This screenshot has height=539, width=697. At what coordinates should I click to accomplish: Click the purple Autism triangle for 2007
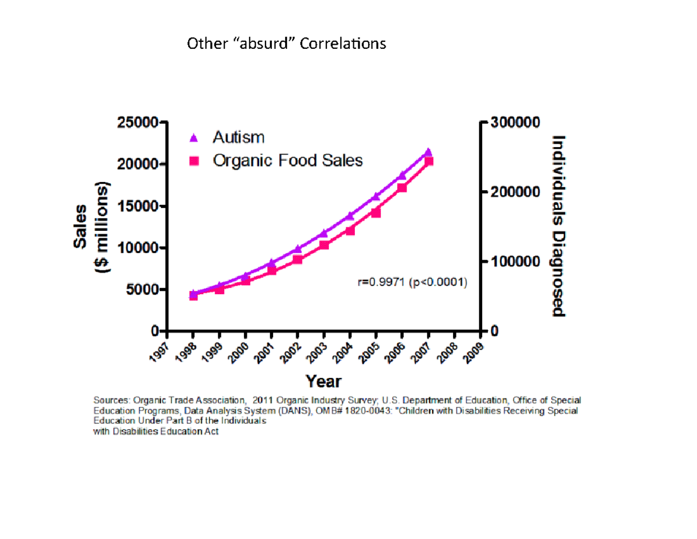click(x=428, y=152)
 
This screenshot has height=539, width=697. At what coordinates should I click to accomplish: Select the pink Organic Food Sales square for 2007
click(x=428, y=162)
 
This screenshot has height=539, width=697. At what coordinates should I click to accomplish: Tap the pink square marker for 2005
click(x=376, y=213)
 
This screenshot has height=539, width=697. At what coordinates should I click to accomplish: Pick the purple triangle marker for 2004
click(x=350, y=216)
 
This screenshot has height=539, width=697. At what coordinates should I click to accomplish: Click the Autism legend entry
click(x=238, y=138)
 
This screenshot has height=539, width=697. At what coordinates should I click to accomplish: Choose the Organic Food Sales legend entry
click(x=288, y=160)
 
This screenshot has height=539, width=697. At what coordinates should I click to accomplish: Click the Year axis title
click(x=324, y=381)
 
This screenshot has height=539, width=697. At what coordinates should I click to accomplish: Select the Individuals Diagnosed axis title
click(x=558, y=226)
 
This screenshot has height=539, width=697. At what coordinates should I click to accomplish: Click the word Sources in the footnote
click(x=112, y=400)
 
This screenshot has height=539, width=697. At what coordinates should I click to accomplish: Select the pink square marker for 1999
click(x=220, y=289)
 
